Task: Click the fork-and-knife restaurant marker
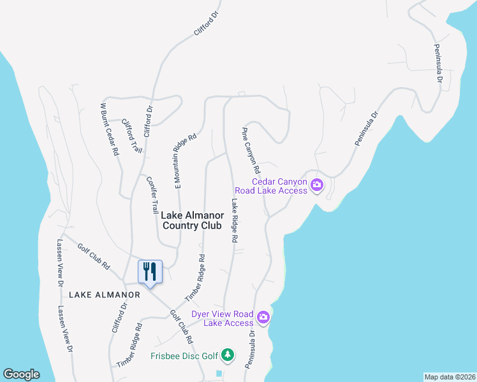pyautogui.click(x=150, y=272)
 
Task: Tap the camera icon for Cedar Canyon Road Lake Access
pyautogui.click(x=317, y=186)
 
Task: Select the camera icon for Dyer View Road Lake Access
pyautogui.click(x=263, y=317)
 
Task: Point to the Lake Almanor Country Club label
pyautogui.click(x=192, y=220)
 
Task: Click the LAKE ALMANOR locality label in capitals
pyautogui.click(x=104, y=295)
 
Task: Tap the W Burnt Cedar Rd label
pyautogui.click(x=110, y=129)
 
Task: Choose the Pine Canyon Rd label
pyautogui.click(x=250, y=151)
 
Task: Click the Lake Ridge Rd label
pyautogui.click(x=235, y=220)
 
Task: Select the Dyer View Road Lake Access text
pyautogui.click(x=223, y=318)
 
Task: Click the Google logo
pyautogui.click(x=21, y=374)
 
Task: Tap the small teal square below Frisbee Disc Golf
pyautogui.click(x=220, y=373)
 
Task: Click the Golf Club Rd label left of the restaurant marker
pyautogui.click(x=94, y=256)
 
